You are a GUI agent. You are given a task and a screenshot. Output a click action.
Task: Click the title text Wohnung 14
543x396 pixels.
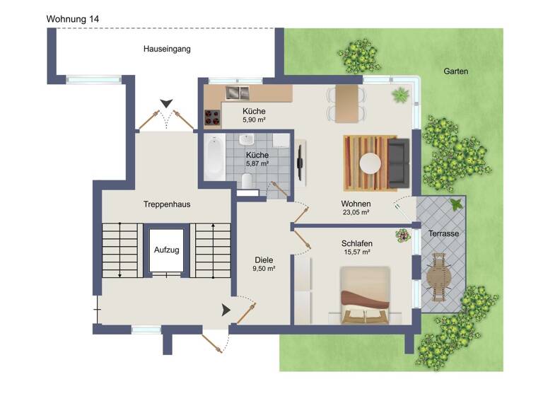tap(73, 18)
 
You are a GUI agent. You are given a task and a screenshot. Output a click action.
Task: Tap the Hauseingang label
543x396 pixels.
tap(167, 49)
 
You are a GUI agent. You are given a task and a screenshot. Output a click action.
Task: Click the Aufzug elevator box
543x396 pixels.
tap(167, 251)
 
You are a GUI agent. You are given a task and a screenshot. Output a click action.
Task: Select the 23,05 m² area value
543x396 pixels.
tap(356, 211)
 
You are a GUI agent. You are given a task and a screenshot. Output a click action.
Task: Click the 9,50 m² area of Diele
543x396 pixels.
tap(263, 269)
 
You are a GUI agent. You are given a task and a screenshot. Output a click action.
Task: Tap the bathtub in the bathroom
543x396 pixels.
tap(214, 158)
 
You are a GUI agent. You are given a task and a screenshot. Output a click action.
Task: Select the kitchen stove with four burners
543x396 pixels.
tap(213, 117)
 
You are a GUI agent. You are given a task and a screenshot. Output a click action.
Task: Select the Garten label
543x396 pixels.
tap(456, 71)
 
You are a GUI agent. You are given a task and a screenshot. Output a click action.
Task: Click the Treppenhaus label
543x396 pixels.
tap(167, 204)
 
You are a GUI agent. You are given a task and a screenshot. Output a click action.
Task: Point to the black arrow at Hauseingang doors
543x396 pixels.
tap(166, 104)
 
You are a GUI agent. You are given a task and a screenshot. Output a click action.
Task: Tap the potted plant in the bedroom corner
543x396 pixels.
tap(402, 235)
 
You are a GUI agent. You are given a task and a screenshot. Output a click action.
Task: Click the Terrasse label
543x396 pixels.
tap(443, 233)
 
